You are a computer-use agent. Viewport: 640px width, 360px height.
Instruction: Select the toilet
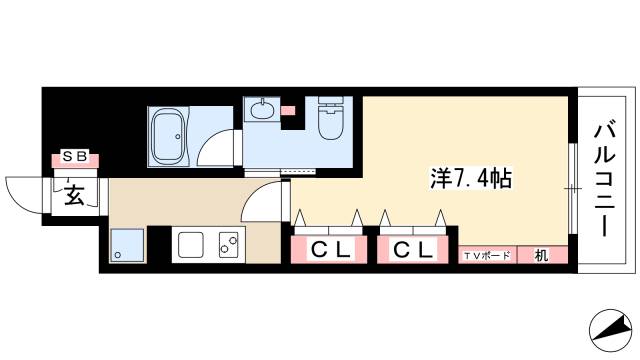pyautogui.click(x=331, y=121)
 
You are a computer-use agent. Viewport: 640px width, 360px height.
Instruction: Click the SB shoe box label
pyautogui.click(x=76, y=156)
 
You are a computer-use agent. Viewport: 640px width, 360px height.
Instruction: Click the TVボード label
pyautogui.click(x=487, y=256)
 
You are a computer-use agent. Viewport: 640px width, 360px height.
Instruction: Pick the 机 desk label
pyautogui.click(x=541, y=255)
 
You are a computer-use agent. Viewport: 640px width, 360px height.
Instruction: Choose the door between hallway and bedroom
pyautogui.click(x=262, y=205)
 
